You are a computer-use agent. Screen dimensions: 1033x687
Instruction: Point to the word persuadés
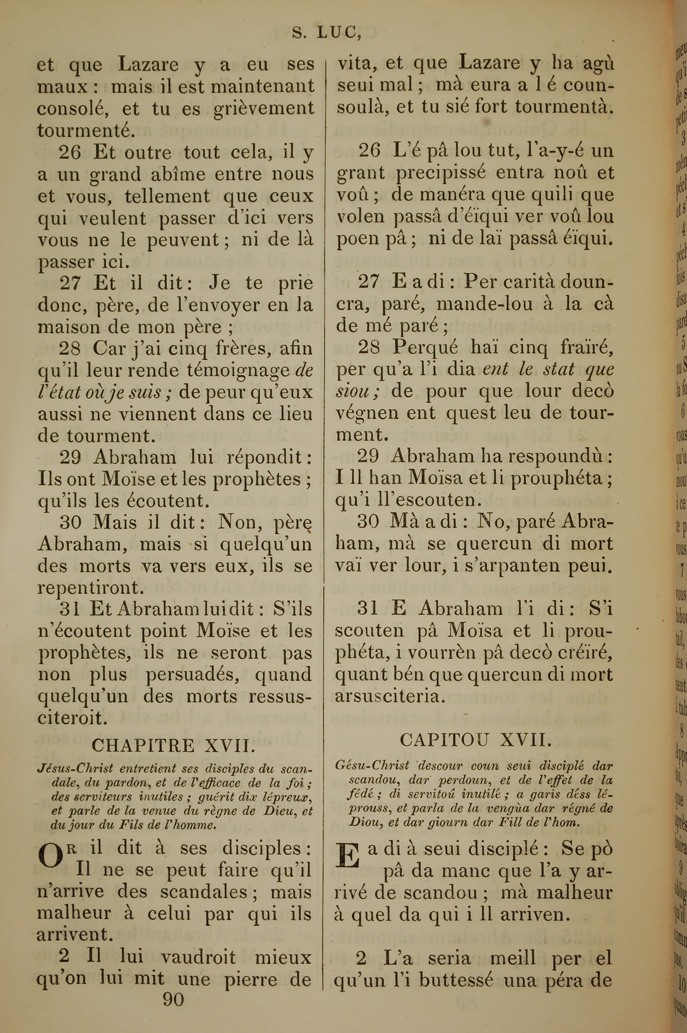(193, 675)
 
